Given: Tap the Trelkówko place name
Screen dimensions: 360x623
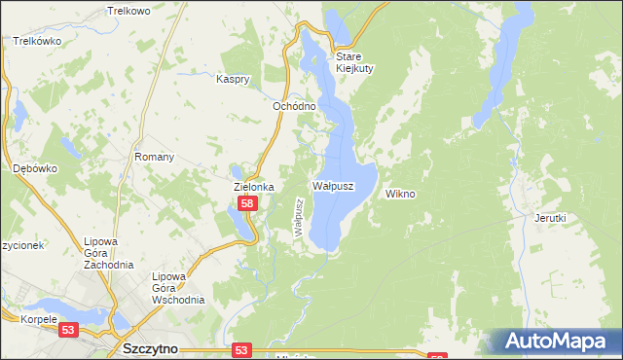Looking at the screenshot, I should point(38,42).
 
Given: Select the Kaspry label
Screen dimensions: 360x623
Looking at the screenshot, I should point(235,78).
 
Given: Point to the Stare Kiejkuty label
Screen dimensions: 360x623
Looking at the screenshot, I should point(355,62).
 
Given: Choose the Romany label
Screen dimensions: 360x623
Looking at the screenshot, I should point(154,157).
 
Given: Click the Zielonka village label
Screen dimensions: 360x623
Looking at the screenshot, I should point(254,186).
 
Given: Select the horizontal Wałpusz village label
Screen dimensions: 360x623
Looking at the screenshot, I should point(332,184).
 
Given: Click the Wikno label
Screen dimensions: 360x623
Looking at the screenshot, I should point(400,194).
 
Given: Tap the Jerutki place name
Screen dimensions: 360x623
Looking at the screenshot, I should point(550,219).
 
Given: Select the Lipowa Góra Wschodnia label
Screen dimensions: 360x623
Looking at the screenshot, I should point(177,288).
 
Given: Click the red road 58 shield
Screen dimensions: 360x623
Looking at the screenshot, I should point(247,203).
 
